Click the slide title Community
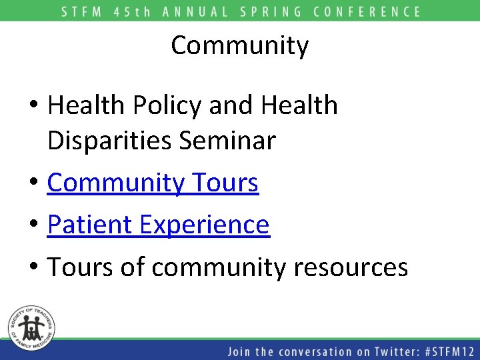pos(240,45)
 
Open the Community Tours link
pos(153,183)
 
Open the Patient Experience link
pos(158,225)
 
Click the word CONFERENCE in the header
pos(367,11)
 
